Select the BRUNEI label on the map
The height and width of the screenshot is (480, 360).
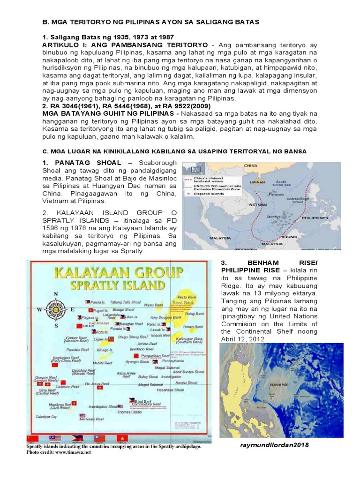pyautogui.click(x=289, y=237)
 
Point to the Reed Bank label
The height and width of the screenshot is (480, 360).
pyautogui.click(x=184, y=303)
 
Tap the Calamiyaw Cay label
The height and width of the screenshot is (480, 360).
pyautogui.click(x=48, y=416)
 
